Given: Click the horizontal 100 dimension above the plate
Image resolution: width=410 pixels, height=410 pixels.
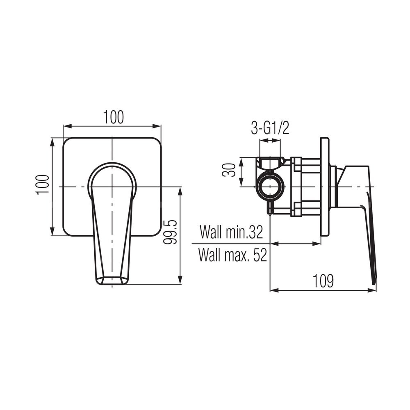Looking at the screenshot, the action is [114, 118].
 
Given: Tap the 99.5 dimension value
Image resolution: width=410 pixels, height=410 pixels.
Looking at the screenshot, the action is [170, 232].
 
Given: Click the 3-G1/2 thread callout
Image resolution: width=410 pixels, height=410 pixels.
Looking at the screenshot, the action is [270, 128].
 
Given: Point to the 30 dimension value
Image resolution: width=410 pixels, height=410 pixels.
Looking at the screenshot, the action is [228, 170].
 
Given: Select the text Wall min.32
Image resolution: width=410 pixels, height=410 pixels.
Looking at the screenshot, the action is [231, 232].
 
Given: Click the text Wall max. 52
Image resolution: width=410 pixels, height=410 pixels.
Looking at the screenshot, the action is [232, 255].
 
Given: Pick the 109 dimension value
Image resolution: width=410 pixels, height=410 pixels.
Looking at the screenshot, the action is [323, 280].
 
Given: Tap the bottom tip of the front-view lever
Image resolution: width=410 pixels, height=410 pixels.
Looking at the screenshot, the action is [112, 285].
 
